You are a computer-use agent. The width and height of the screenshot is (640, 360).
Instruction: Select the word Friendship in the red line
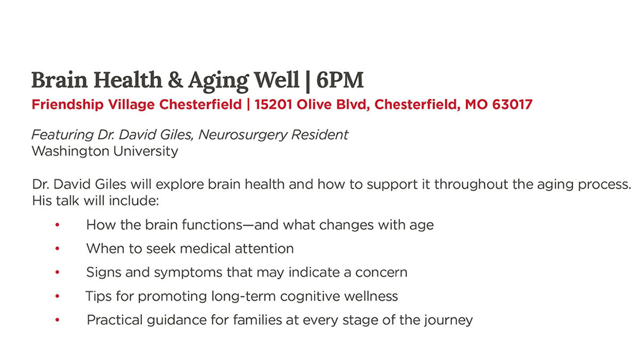pos(67,105)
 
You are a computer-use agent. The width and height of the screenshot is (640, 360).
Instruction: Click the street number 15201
pos(274,105)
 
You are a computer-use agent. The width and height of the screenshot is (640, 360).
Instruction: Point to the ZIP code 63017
pos(513,105)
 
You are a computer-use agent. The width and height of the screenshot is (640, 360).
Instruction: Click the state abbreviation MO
pos(476,105)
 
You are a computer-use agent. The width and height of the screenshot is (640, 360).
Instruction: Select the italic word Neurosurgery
pos(243,135)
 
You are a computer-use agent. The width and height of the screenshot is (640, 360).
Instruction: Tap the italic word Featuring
pos(62,135)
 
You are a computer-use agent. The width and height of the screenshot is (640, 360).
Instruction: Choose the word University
pos(146,151)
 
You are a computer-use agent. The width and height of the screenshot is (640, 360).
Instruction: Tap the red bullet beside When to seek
pos(58,249)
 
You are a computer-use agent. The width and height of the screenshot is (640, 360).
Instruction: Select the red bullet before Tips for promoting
pos(58,296)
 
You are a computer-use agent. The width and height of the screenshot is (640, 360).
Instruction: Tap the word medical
pos(205,249)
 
